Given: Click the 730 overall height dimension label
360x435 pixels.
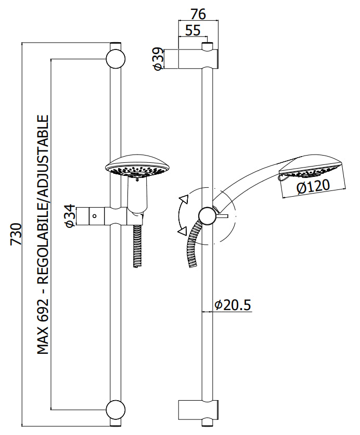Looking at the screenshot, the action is click(16, 234).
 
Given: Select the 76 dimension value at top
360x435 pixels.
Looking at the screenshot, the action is click(198, 14).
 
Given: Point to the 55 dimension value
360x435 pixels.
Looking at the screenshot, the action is click(192, 30).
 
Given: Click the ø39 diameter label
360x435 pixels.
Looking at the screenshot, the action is click(158, 59).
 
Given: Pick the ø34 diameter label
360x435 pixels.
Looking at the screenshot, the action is click(70, 216).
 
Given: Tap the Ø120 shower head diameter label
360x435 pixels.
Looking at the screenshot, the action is click(313, 186).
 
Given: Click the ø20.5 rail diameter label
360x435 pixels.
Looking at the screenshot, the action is click(233, 305).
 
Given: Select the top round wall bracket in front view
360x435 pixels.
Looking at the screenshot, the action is click(115, 59).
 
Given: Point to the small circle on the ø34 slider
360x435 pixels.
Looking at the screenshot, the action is click(95, 216).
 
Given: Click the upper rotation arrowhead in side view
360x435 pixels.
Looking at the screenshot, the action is click(184, 199).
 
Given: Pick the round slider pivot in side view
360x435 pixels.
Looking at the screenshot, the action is click(207, 215).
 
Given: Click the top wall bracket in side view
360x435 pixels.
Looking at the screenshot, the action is click(198, 59).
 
